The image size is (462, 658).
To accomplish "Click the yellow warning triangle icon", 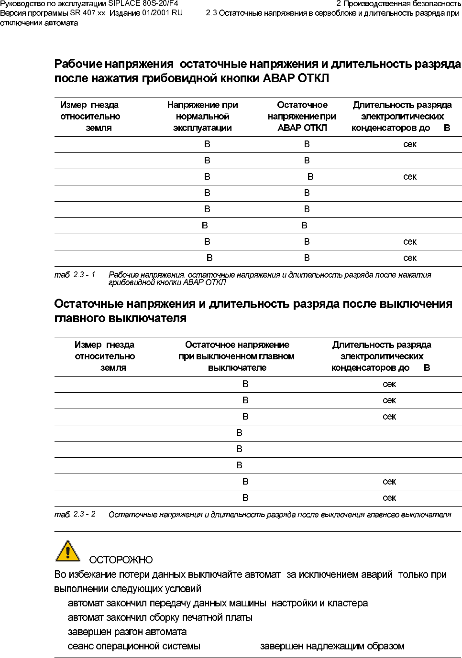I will (x=68, y=551).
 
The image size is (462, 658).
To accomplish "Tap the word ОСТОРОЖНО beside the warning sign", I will (x=121, y=560).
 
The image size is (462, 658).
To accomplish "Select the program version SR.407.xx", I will (x=88, y=13).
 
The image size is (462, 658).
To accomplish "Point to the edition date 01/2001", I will (x=155, y=13).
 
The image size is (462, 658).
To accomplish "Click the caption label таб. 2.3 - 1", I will (x=75, y=275).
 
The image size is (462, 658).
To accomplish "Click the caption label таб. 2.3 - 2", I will (x=75, y=514).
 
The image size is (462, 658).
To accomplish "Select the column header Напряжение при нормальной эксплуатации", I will (x=202, y=116).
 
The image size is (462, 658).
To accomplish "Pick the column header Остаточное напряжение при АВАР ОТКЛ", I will (x=302, y=116).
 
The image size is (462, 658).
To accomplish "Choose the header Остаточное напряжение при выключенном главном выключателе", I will (x=237, y=356).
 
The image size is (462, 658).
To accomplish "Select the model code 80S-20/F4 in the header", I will (x=160, y=3).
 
